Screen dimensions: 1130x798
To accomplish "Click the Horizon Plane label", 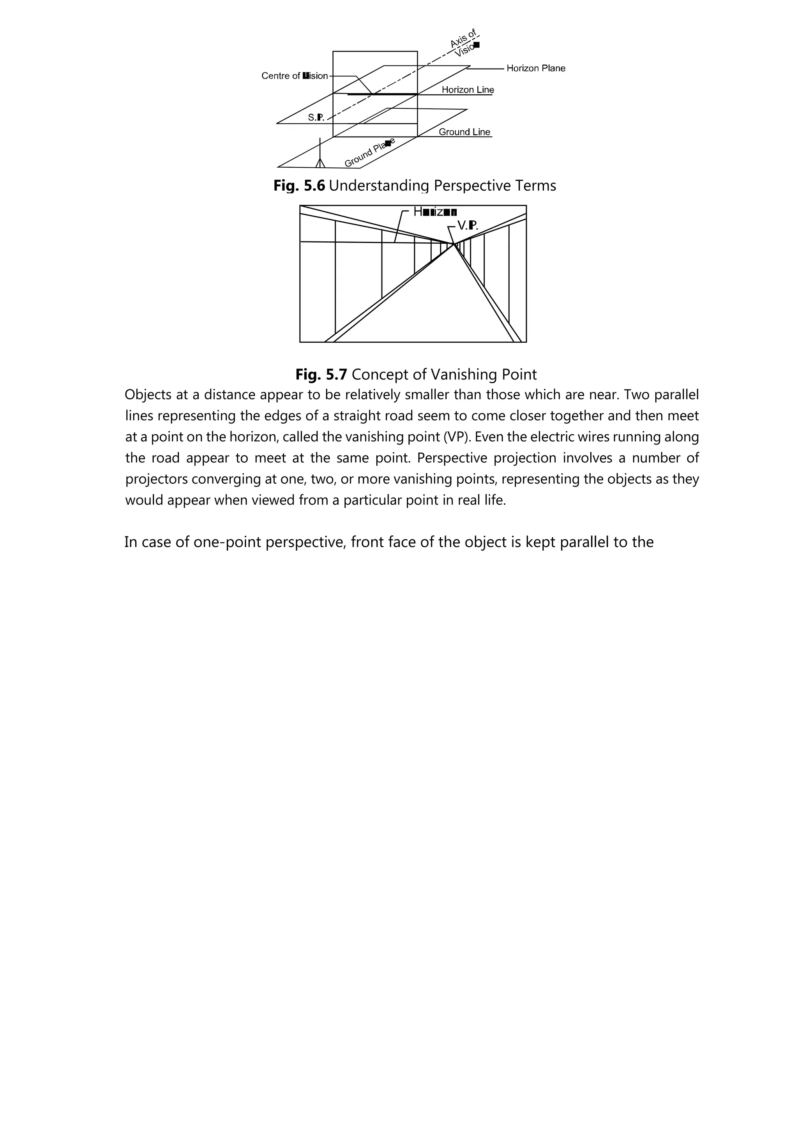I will pyautogui.click(x=535, y=68).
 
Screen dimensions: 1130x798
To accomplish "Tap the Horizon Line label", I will pyautogui.click(x=467, y=90).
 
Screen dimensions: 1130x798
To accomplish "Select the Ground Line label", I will pyautogui.click(x=464, y=132).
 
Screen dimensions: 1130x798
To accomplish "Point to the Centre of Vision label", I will pyautogui.click(x=294, y=76).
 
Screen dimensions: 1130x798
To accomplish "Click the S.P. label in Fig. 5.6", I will pyautogui.click(x=316, y=117).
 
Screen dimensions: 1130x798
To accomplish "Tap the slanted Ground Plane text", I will pyautogui.click(x=369, y=153).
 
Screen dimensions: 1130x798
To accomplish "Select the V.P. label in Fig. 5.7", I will pyautogui.click(x=467, y=225).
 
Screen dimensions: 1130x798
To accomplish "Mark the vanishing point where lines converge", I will pyautogui.click(x=453, y=244).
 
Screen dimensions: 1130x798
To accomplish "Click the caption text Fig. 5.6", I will pyautogui.click(x=299, y=186).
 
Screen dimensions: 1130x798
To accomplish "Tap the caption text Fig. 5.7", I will pyautogui.click(x=321, y=375).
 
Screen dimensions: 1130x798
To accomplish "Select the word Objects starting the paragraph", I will pyautogui.click(x=148, y=395).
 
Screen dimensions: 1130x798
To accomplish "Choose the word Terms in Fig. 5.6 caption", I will pyautogui.click(x=535, y=186).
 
